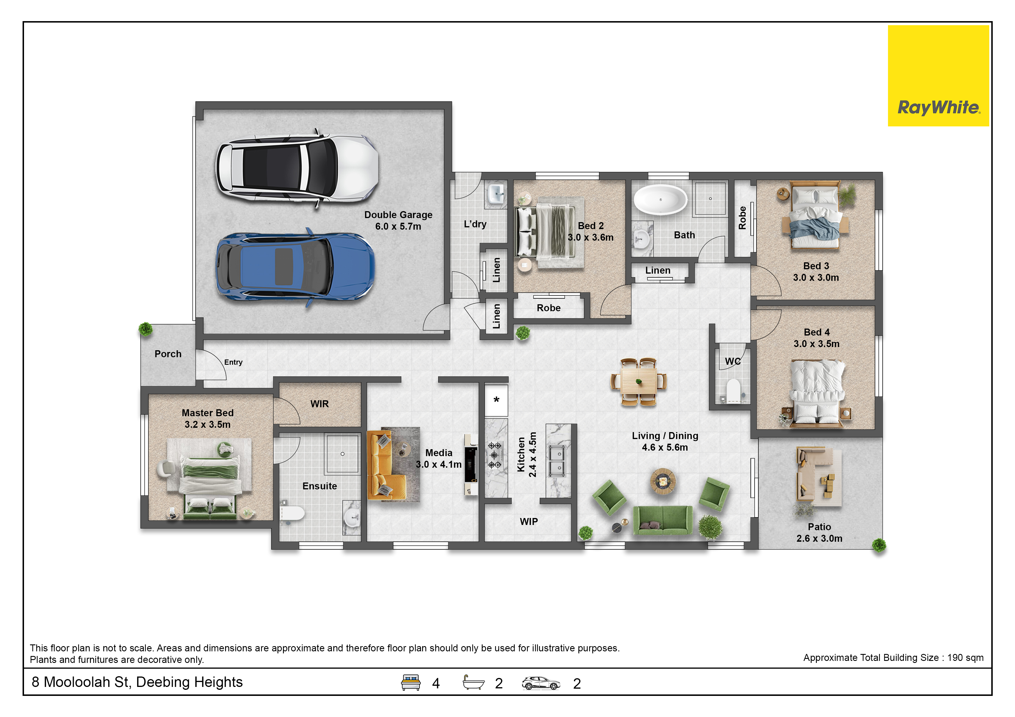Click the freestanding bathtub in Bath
tap(661, 200)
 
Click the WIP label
tap(529, 522)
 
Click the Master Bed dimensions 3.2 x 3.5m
tap(207, 425)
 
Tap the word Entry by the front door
tap(233, 362)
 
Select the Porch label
tap(168, 354)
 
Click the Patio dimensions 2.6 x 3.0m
tap(819, 539)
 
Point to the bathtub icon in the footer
tap(473, 683)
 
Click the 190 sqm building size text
tap(965, 658)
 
